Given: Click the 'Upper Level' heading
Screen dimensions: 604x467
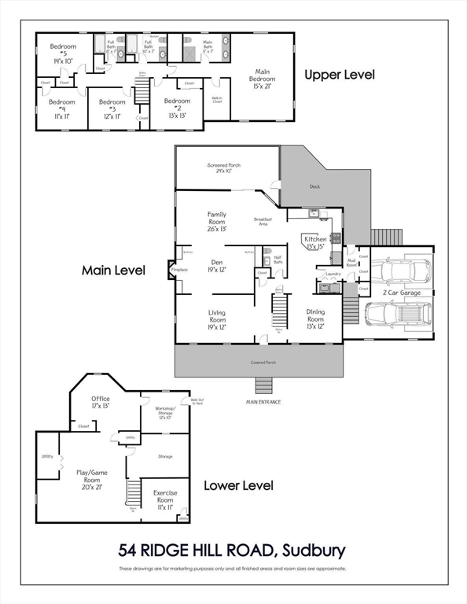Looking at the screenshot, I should [340, 75].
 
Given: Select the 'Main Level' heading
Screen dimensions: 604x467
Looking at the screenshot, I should [113, 270].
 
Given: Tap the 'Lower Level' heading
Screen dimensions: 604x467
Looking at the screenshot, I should [238, 485].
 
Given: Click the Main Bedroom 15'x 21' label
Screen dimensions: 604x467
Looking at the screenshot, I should [262, 81].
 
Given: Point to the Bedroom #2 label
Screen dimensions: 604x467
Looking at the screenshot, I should [177, 106].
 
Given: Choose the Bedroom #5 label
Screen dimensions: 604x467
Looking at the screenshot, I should [62, 52].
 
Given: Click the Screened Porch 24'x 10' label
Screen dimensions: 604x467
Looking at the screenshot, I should [223, 168].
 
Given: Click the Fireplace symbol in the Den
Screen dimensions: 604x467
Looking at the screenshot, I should [175, 270].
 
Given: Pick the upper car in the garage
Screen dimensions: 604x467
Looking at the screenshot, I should [399, 272].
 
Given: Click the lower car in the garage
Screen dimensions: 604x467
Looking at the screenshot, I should [398, 314].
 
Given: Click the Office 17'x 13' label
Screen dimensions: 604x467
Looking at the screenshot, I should [101, 403].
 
